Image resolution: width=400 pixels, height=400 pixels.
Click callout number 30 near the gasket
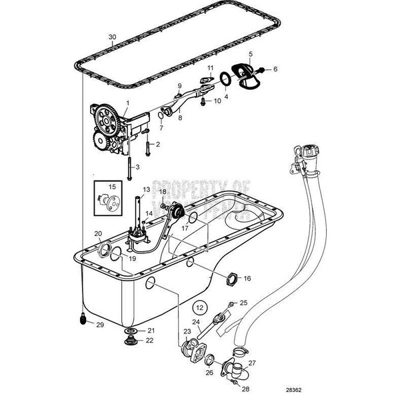coord(112,37)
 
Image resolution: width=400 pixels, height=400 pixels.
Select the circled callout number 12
coord(198,308)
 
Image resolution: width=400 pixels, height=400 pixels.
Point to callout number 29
coord(100,325)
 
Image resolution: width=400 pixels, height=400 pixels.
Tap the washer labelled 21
coord(131,331)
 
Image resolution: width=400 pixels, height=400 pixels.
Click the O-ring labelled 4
coord(226,81)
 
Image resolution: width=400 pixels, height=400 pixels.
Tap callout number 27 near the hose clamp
coord(252,364)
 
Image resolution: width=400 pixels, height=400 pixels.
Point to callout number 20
coord(98,233)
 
